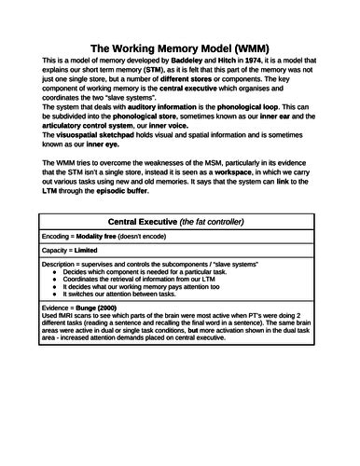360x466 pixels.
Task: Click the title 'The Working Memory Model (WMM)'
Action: point(180,46)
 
